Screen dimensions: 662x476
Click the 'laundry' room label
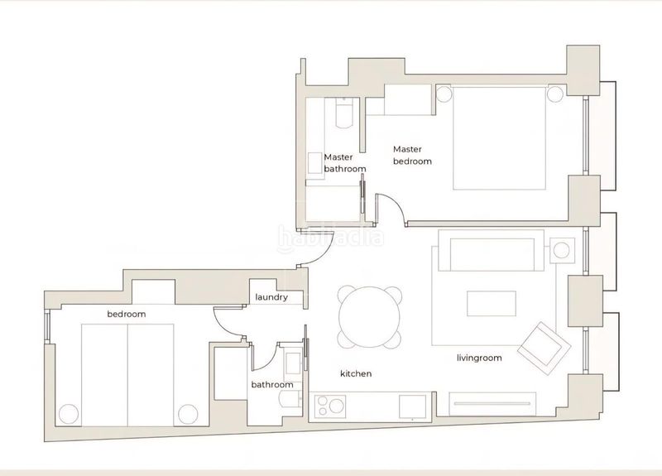pos(271,297)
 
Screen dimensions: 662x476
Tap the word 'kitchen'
pos(356,373)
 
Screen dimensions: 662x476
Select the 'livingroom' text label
pos(480,358)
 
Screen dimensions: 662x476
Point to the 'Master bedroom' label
pos(412,155)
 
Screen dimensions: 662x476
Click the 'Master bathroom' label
pos(345,163)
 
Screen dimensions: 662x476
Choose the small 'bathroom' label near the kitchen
pos(272,385)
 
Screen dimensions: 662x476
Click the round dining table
pos(370,317)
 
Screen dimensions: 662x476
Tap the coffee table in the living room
pos(492,303)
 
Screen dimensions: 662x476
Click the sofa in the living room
pos(492,250)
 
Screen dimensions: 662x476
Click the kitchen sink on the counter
pos(412,406)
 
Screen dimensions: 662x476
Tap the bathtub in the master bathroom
pos(343,113)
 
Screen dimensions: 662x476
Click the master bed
pos(499,138)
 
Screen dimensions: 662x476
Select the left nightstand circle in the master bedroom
pos(444,94)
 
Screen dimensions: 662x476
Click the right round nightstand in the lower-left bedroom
pos(188,415)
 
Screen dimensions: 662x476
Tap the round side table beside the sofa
pos(562,251)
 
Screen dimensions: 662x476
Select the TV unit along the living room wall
pos(492,404)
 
